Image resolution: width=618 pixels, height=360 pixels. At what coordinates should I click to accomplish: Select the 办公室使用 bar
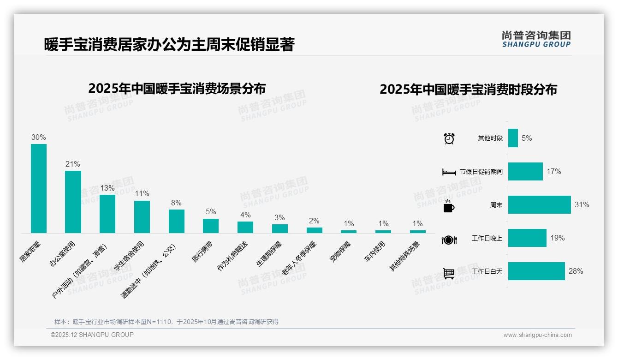[x=73, y=202]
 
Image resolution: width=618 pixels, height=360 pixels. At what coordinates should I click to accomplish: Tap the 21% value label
[x=73, y=164]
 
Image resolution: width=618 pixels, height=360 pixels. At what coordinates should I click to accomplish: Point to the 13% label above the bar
[x=107, y=188]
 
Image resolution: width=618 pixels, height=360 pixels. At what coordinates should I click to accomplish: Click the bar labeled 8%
[x=176, y=221]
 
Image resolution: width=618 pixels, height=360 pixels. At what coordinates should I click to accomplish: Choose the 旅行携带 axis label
[x=202, y=252]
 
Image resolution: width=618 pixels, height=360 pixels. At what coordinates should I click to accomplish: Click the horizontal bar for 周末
[x=539, y=204]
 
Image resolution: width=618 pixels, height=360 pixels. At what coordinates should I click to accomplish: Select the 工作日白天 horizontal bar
[x=536, y=271]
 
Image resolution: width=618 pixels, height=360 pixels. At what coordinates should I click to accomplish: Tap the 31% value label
[x=582, y=204]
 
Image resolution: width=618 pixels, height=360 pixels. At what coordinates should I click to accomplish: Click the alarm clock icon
[x=449, y=138]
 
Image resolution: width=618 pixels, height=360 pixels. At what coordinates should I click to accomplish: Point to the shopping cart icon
[x=449, y=273]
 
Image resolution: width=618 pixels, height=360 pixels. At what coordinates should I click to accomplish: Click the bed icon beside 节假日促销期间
[x=449, y=172]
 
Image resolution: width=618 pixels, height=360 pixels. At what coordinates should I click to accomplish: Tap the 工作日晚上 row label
[x=487, y=238]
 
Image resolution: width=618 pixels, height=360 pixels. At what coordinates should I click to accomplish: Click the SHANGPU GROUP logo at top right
[x=536, y=39]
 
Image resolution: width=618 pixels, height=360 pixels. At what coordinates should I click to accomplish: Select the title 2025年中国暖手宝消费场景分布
[x=177, y=88]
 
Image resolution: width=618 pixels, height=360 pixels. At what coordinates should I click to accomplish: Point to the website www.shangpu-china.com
[x=537, y=335]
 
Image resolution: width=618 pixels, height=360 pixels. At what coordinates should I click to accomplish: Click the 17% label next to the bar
[x=553, y=171]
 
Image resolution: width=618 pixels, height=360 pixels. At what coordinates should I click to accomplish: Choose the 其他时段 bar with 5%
[x=513, y=138]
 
